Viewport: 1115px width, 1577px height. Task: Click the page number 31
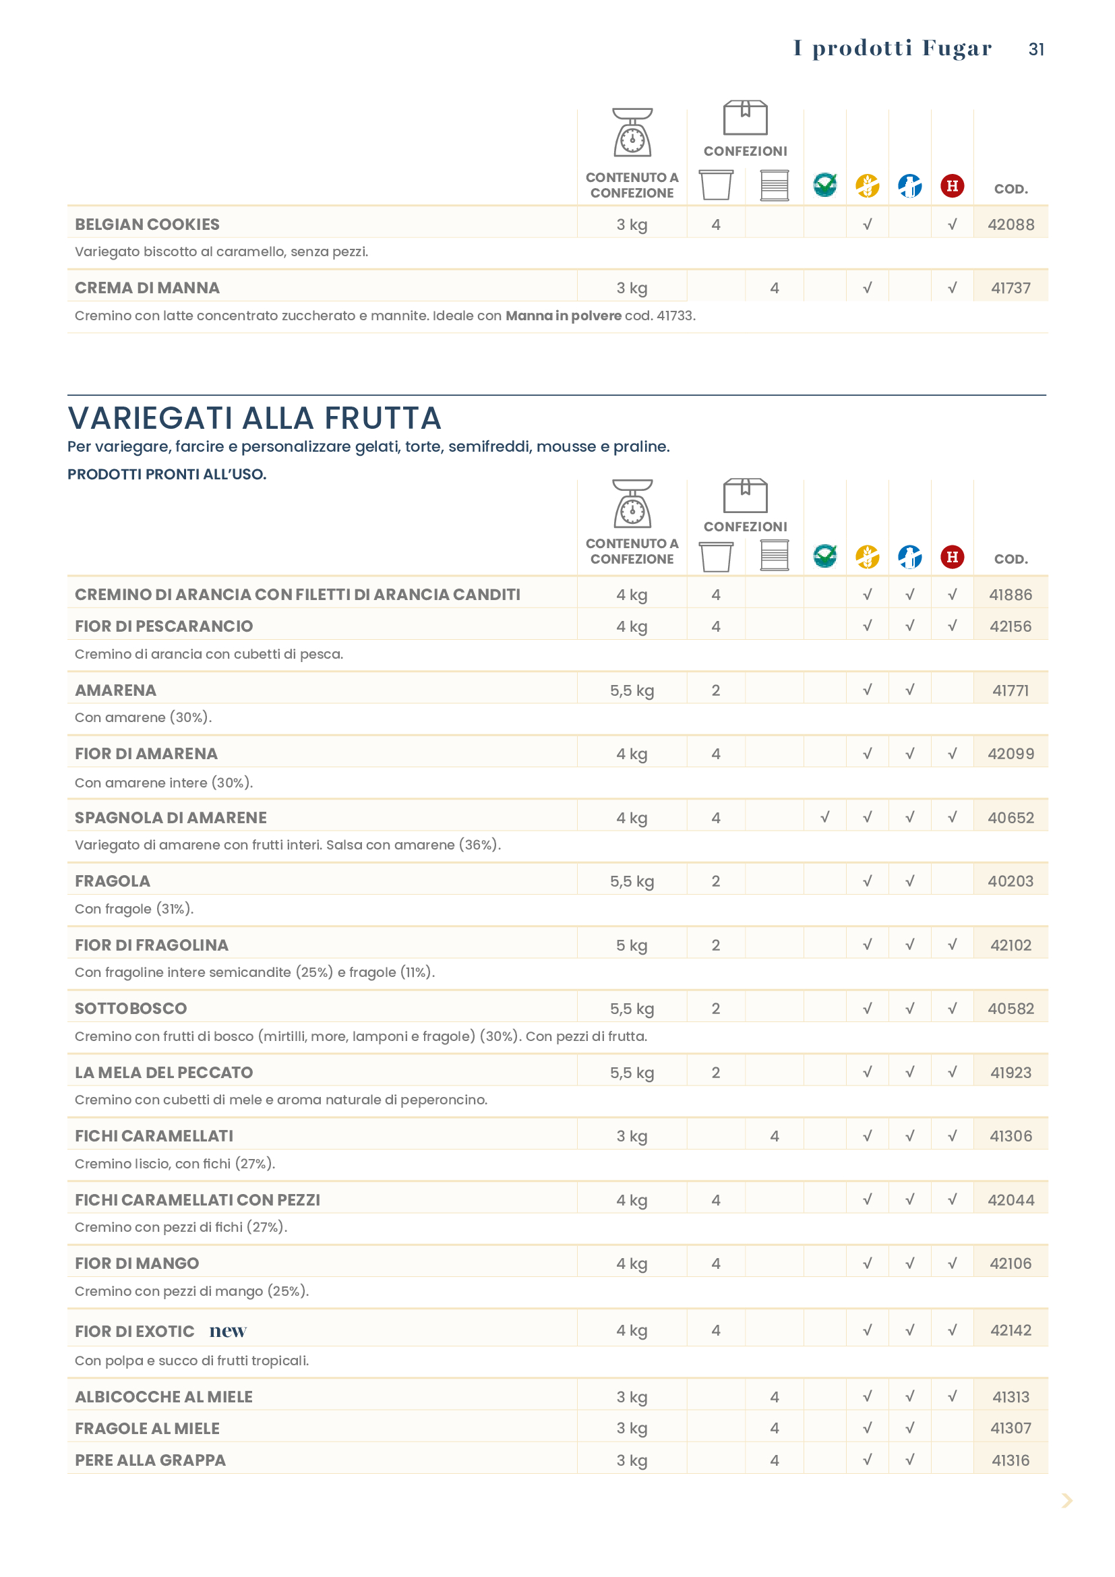click(x=1036, y=49)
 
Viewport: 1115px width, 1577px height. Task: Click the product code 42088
click(x=1011, y=225)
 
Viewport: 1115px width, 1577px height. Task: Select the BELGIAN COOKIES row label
click(x=147, y=225)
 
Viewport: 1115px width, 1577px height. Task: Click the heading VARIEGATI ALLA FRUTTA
click(x=254, y=417)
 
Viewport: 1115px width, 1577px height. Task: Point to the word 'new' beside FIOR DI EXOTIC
click(x=228, y=1331)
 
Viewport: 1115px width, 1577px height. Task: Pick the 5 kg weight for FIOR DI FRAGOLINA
click(x=632, y=945)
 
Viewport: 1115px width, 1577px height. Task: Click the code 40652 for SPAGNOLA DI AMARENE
click(x=1011, y=817)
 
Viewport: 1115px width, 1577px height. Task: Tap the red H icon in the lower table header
click(x=953, y=556)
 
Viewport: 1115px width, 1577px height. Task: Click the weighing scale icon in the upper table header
click(x=632, y=133)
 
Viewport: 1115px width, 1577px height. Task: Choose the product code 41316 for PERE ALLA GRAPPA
click(x=1011, y=1460)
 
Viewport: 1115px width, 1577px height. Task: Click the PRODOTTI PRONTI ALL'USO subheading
click(x=167, y=474)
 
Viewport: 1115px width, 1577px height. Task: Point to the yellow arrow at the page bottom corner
click(x=1067, y=1501)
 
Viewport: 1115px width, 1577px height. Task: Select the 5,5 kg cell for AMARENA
click(x=632, y=690)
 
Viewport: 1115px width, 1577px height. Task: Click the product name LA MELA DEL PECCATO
click(x=163, y=1072)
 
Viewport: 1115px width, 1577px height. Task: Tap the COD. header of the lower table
click(x=1011, y=559)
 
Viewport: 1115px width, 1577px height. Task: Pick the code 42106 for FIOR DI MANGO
click(x=1011, y=1263)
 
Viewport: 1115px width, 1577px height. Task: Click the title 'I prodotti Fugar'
click(x=893, y=48)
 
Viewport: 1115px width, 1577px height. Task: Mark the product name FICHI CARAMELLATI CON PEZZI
click(x=197, y=1200)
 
